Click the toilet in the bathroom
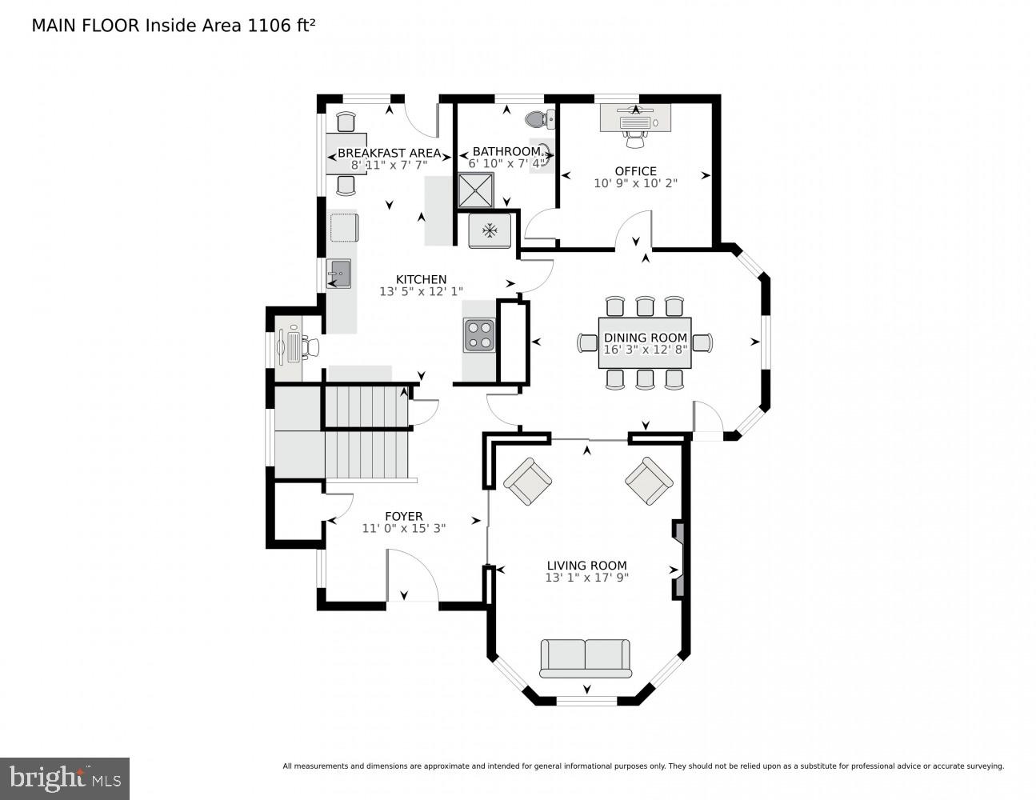coord(538,119)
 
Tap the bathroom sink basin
coord(545,152)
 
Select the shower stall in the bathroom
coord(476,190)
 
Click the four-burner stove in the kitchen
coord(480,334)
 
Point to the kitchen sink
coord(339,274)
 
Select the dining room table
coord(645,342)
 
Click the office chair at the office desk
coord(635,140)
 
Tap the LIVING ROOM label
coord(586,565)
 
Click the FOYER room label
coord(403,516)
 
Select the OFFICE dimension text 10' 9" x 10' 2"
coord(635,183)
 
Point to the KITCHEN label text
coord(421,279)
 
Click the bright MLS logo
coord(65,778)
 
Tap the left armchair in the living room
coord(527,482)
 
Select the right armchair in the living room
coord(649,482)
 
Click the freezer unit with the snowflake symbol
coord(488,230)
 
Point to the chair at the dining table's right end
coord(702,342)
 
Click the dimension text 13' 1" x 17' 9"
coord(586,578)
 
